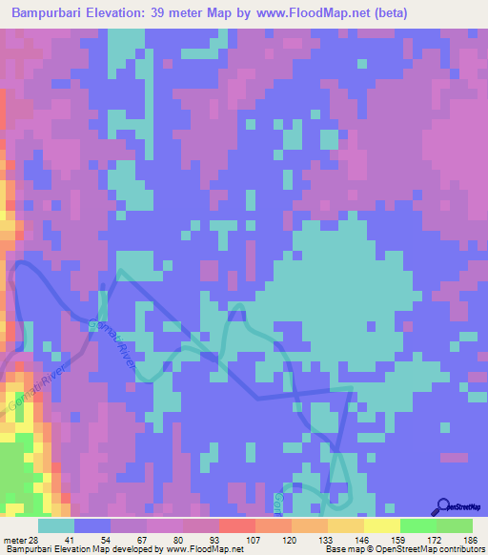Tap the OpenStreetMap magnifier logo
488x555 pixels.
443,505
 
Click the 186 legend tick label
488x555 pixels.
471,540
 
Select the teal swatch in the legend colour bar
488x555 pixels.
56,525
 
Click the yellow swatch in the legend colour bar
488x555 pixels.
382,525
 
